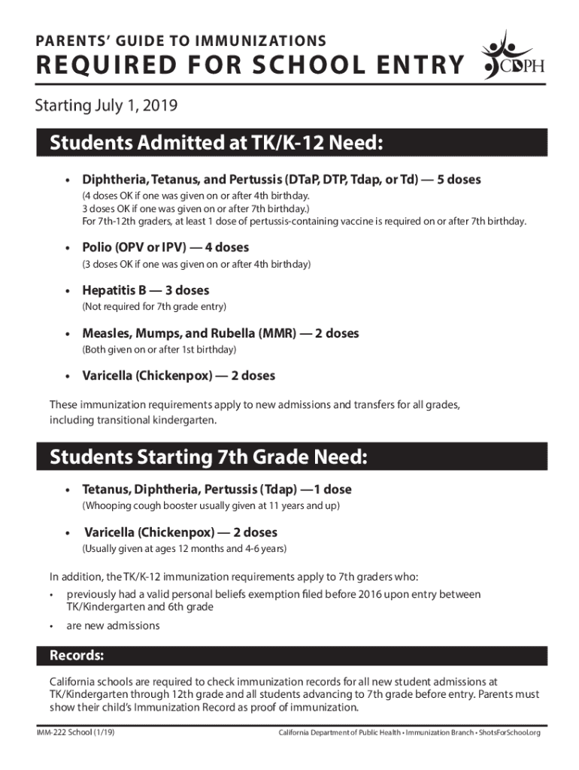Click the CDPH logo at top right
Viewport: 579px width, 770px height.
[x=511, y=59]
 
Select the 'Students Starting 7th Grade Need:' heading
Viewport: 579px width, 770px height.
[x=208, y=457]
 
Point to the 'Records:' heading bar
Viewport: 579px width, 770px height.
[x=77, y=656]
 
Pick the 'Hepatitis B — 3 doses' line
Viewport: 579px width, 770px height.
[x=146, y=290]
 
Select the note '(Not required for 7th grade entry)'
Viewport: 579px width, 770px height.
[x=154, y=307]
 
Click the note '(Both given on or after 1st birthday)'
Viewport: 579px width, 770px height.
[x=159, y=350]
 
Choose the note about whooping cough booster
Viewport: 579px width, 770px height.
[x=211, y=506]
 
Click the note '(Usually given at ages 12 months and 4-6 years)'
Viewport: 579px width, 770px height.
[x=184, y=549]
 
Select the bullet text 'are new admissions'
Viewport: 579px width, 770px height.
[x=113, y=626]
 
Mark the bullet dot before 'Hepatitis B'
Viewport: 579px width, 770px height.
[x=67, y=291]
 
